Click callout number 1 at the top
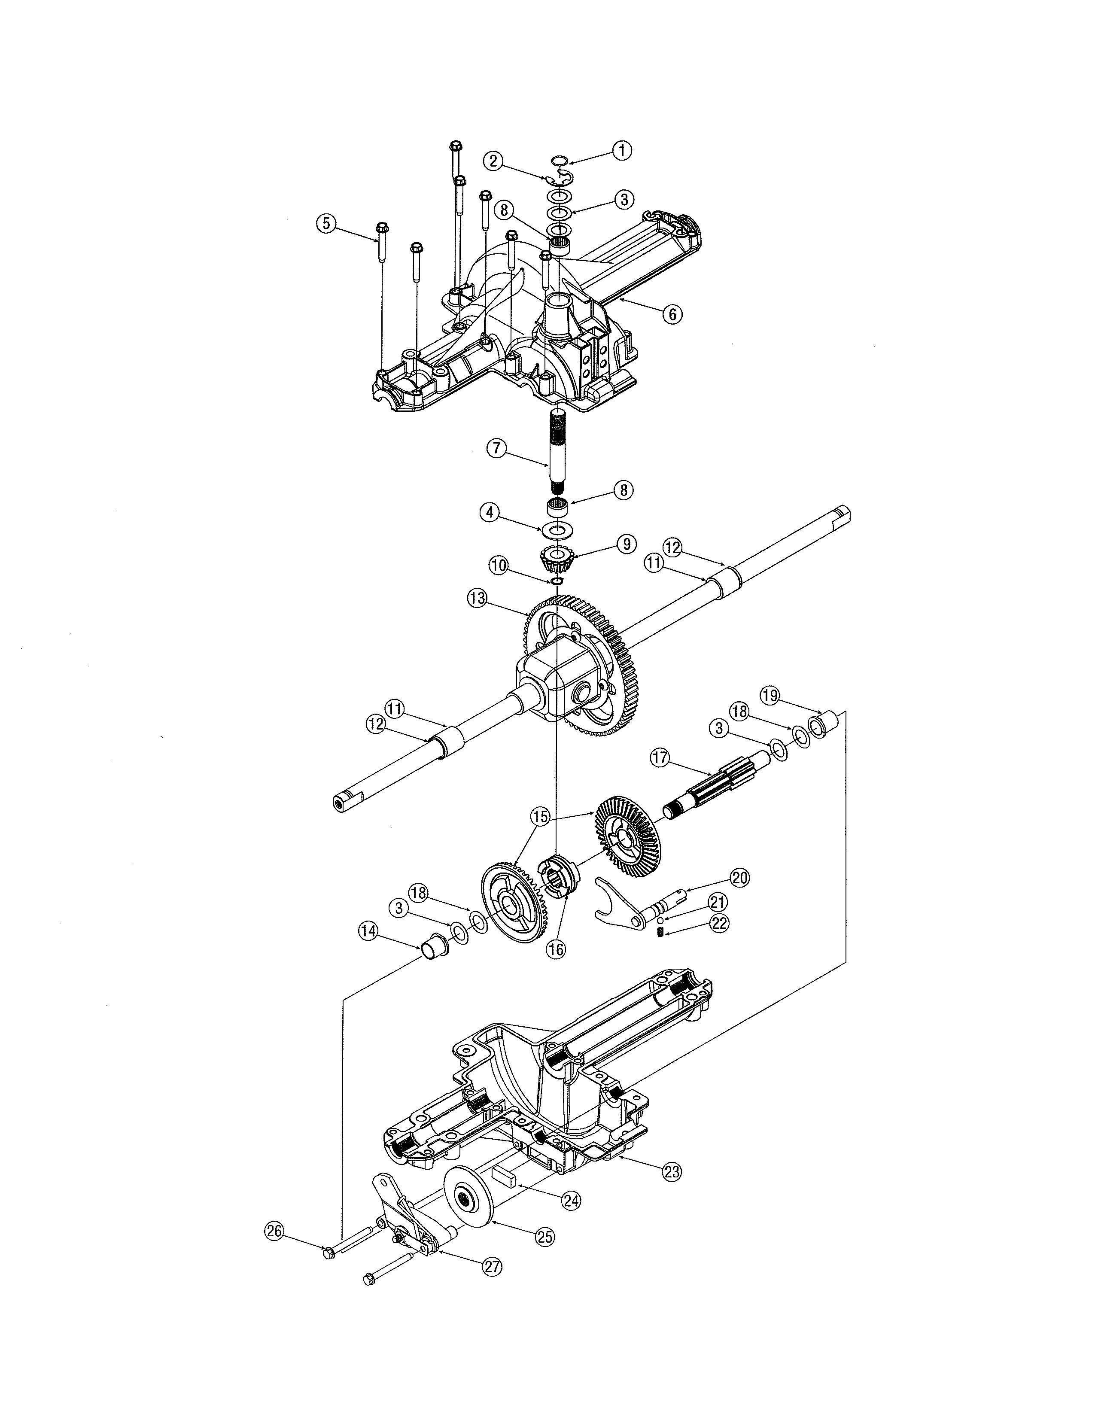pyautogui.click(x=621, y=151)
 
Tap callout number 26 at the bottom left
pyautogui.click(x=274, y=1231)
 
